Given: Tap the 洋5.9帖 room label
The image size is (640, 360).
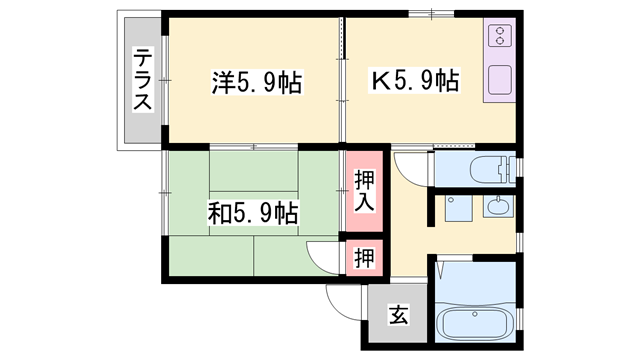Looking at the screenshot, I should (256, 81).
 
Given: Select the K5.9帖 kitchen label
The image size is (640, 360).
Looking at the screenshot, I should (415, 80).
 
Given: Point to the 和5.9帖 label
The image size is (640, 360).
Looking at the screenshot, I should (252, 212).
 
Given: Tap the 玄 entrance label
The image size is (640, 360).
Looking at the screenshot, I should (398, 318).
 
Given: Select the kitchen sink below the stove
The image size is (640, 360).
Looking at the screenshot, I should (498, 81).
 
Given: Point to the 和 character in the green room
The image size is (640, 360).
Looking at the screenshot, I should (218, 212).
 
